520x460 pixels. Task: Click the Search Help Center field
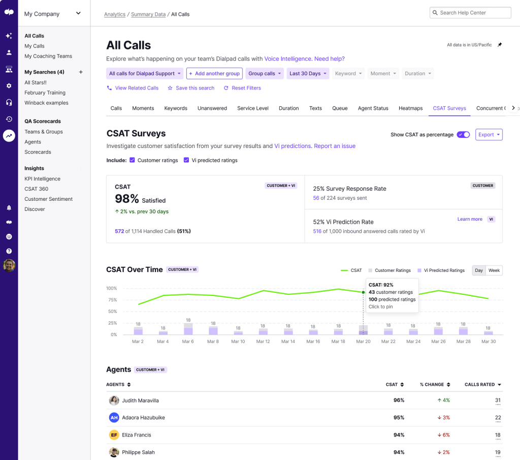470,13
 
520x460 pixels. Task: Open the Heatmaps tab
410,108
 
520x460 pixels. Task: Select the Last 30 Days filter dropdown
308,74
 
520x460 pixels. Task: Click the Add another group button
214,74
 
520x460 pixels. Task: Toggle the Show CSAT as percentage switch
463,135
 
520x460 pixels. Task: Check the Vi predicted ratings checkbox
186,160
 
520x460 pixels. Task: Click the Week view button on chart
494,270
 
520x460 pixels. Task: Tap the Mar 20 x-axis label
363,342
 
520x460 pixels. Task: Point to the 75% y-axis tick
111,300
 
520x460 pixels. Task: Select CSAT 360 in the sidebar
37,189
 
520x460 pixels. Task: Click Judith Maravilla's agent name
140,401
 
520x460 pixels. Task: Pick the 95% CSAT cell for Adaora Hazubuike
399,418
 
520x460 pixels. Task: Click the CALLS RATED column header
480,385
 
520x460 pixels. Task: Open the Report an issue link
335,146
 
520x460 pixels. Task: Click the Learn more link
470,219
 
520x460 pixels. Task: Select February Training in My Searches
45,93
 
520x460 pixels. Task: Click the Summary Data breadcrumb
148,14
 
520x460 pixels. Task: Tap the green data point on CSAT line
363,292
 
